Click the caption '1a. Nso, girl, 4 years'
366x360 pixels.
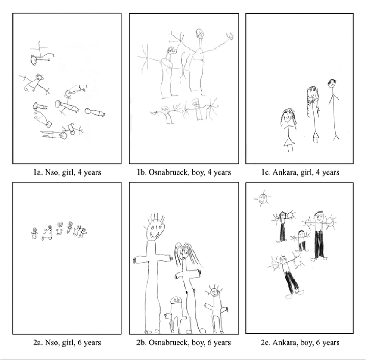(x=67, y=172)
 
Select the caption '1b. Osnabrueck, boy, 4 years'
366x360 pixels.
(x=183, y=172)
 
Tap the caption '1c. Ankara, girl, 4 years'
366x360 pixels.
(x=300, y=172)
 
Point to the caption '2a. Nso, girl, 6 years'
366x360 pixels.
(x=67, y=343)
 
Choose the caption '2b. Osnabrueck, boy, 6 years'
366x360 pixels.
(x=183, y=343)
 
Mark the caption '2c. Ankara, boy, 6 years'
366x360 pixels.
(x=300, y=343)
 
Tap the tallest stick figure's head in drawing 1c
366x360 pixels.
(x=331, y=83)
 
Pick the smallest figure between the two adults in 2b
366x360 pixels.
(x=176, y=313)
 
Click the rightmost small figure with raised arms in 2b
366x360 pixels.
(x=215, y=306)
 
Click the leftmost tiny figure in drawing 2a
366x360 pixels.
(x=35, y=233)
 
